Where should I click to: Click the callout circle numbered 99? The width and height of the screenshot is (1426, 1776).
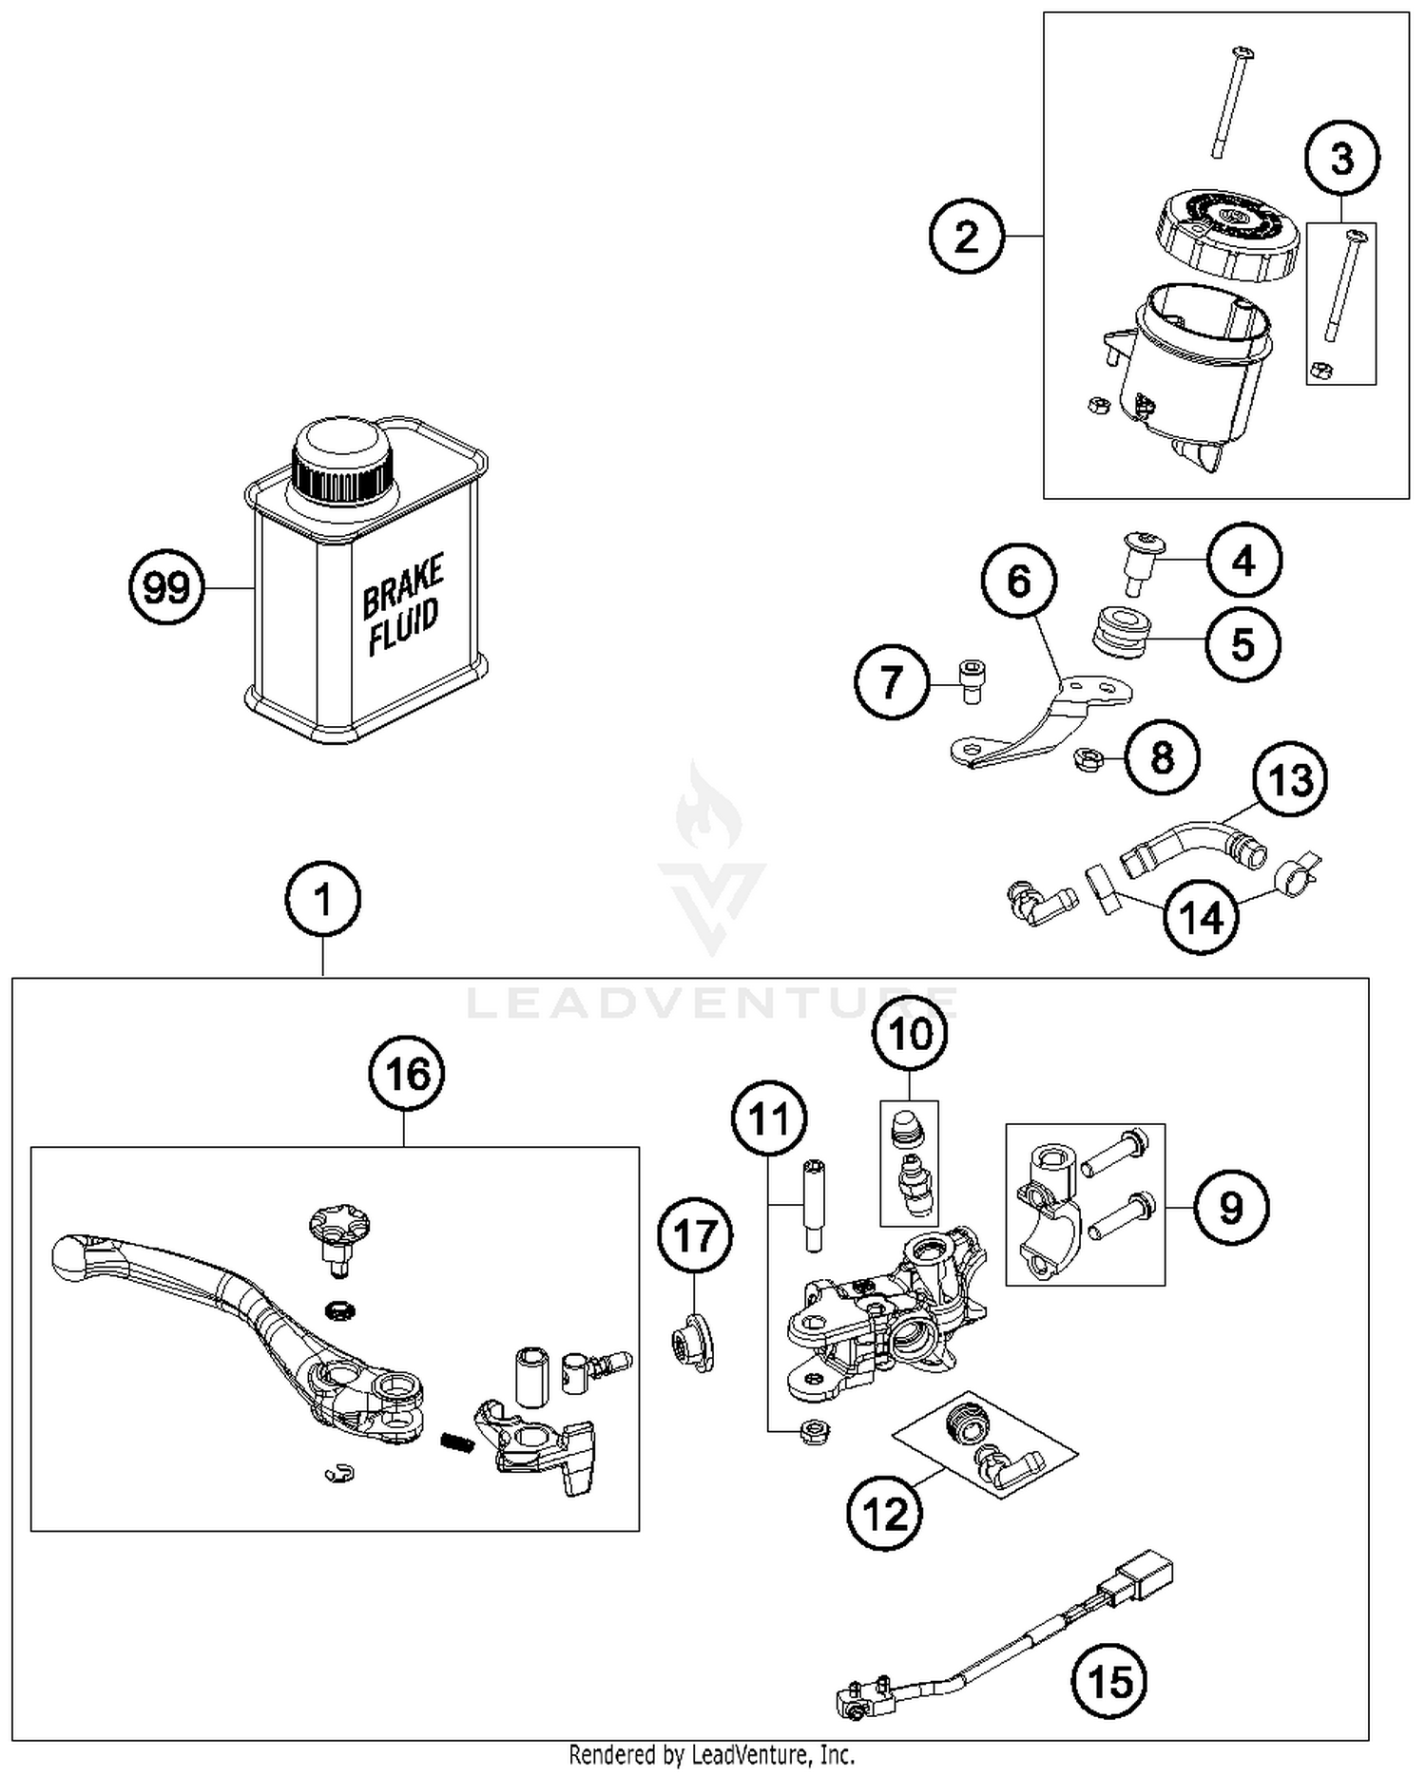[x=166, y=588]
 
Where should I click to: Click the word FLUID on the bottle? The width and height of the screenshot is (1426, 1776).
[x=404, y=625]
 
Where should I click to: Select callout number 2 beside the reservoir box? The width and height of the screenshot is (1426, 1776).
[x=966, y=237]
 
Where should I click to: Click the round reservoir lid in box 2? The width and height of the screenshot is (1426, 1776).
[x=1227, y=233]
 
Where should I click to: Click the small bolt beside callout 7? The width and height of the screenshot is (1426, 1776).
[x=971, y=680]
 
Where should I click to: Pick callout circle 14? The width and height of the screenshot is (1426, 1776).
[x=1202, y=918]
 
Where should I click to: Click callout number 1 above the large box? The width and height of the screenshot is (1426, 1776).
[x=323, y=899]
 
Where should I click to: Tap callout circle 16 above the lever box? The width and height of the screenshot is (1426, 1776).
[x=407, y=1074]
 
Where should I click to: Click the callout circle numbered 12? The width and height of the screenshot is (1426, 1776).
[x=884, y=1515]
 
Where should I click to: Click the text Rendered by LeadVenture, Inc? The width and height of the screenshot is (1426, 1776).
[x=711, y=1754]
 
